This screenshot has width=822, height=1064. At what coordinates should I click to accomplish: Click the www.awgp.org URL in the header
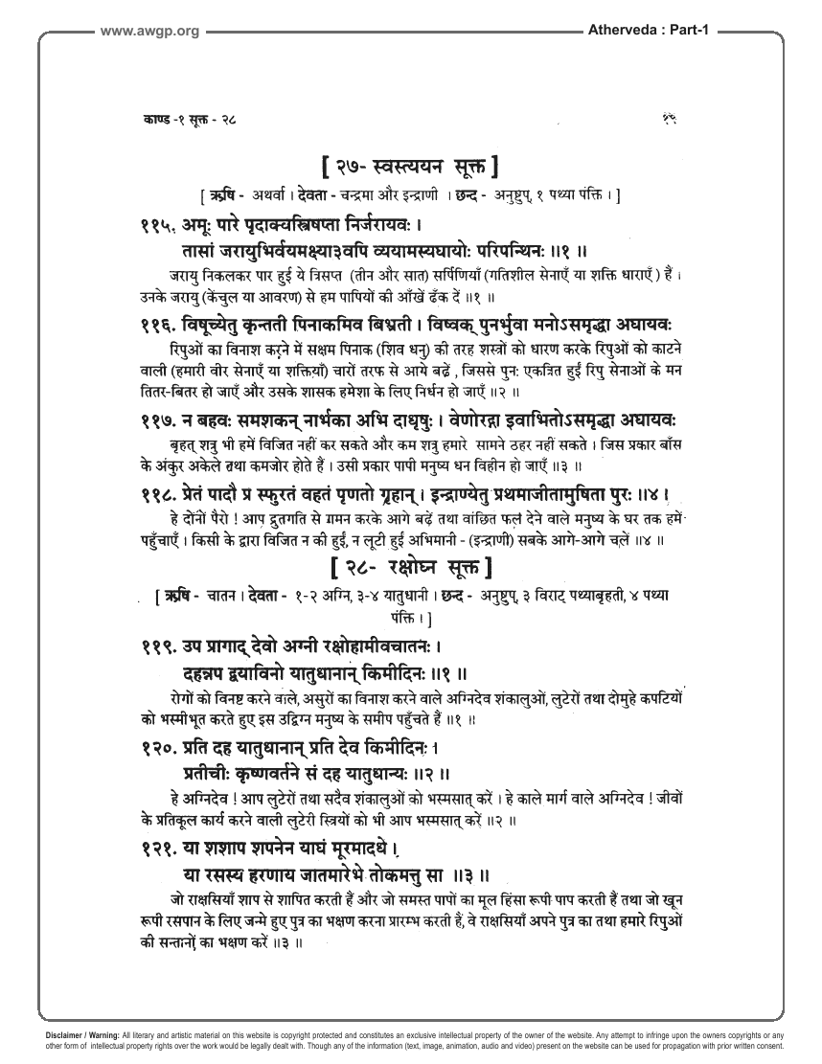148,32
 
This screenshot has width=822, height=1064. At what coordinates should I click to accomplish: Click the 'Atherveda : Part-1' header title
645,32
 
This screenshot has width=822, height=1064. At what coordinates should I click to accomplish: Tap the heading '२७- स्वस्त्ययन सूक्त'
411,170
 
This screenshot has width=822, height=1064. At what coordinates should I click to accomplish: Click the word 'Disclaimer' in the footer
68,1035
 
